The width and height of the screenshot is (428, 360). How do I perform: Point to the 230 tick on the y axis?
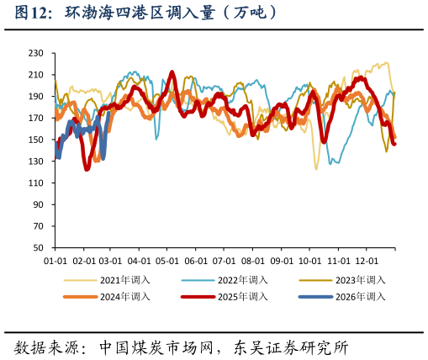tap(36, 53)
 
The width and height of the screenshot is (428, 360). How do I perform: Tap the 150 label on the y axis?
tap(36, 140)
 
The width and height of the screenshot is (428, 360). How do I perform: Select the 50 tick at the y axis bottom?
tap(39, 248)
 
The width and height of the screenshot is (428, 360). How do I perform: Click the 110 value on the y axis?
tap(36, 183)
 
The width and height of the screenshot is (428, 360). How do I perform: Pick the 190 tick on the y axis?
tap(36, 97)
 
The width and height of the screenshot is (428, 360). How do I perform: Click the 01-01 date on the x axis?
tap(55, 262)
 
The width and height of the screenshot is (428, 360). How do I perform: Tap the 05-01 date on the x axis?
tap(167, 262)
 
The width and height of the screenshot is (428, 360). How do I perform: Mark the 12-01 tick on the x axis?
tap(367, 262)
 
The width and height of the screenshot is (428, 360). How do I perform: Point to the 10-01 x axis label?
tap(310, 262)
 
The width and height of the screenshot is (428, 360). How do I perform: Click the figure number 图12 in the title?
tap(32, 13)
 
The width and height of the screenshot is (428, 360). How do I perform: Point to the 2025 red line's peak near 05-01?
tap(172, 72)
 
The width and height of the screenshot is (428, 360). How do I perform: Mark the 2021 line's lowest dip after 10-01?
tap(316, 169)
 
